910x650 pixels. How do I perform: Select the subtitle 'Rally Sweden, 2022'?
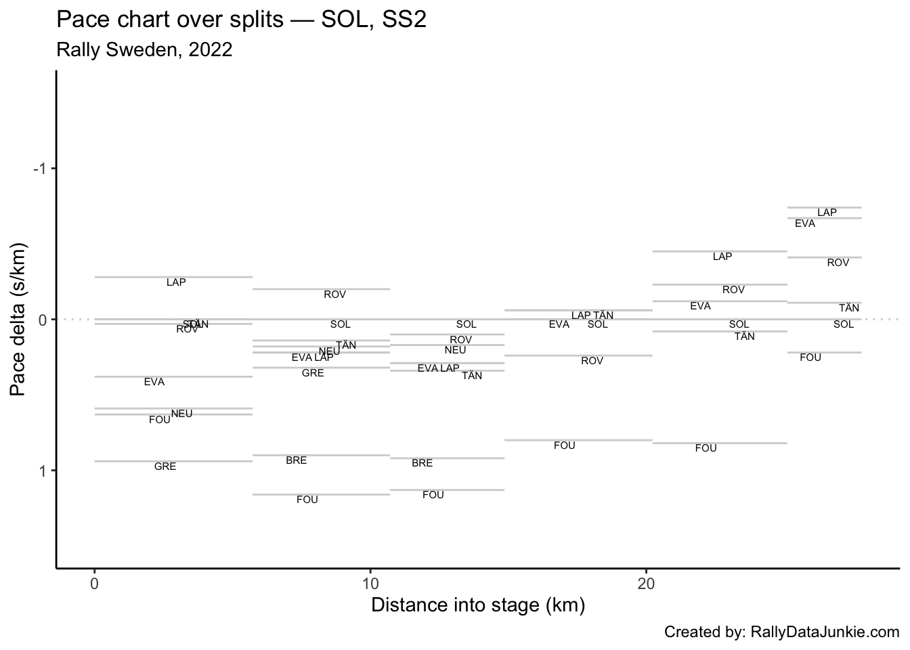pos(144,49)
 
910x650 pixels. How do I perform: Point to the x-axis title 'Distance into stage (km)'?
pos(478,605)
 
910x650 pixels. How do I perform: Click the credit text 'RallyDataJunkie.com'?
pos(825,632)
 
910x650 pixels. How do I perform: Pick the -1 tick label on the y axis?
pos(41,168)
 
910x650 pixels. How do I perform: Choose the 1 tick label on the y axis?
pos(44,471)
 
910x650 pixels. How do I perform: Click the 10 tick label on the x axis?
pos(370,584)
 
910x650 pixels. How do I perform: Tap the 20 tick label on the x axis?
pos(646,584)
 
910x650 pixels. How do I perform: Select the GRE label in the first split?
pos(165,467)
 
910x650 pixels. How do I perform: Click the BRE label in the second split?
pos(296,460)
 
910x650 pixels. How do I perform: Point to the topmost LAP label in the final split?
pos(827,213)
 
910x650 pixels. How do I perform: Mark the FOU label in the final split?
pos(810,357)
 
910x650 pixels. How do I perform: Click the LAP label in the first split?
pos(176,282)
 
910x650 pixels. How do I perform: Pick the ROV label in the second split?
pos(334,295)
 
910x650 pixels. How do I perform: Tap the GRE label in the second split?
pos(313,373)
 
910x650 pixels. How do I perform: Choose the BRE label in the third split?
pos(422,463)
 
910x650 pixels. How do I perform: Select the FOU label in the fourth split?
pos(564,446)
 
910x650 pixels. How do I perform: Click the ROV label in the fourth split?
pos(592,361)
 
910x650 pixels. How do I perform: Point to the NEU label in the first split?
pos(181,414)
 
